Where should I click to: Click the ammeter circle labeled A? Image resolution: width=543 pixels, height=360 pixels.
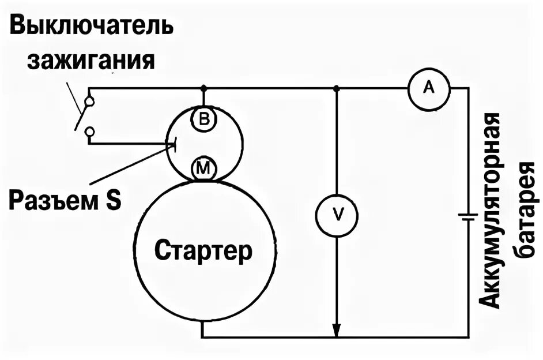coord(428,88)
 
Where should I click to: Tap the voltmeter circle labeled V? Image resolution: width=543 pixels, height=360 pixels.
coord(337,215)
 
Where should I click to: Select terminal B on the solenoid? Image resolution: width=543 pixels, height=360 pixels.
coord(203,119)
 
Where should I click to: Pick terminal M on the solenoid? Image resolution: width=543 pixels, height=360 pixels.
coord(203,168)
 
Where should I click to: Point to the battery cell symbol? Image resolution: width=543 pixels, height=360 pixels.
coord(467,217)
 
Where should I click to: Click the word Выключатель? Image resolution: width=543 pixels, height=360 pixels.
coord(91,26)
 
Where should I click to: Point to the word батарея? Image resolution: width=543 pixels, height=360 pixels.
coord(526,211)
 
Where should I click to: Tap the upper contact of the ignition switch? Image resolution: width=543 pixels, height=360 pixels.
coord(89,102)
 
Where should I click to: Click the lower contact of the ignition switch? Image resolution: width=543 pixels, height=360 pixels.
coord(89,132)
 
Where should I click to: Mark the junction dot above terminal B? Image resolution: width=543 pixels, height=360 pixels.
coord(203,88)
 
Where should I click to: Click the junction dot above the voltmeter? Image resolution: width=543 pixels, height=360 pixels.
coord(337,88)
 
